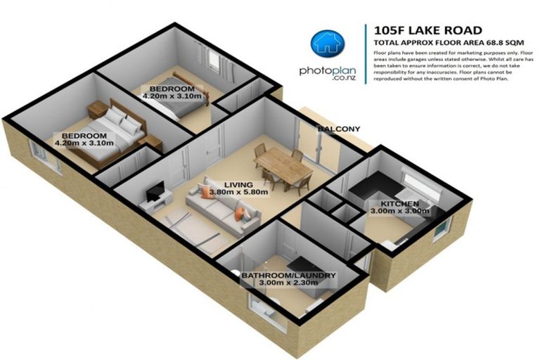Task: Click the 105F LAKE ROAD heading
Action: point(429,30)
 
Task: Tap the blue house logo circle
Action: point(324,43)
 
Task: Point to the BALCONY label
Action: point(338,129)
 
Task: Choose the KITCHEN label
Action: point(390,203)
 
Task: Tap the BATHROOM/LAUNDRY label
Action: point(288,275)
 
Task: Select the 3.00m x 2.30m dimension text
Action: point(288,284)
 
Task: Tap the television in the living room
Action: point(156,189)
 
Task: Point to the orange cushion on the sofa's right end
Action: point(240,212)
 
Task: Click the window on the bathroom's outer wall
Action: point(266,310)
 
